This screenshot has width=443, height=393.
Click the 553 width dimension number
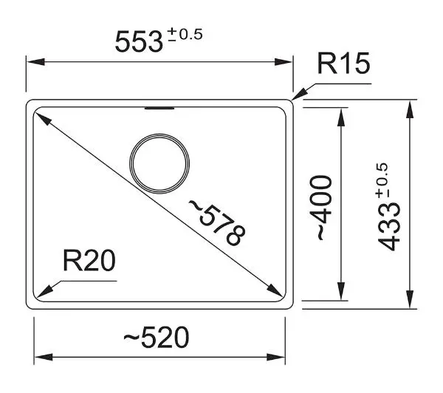pos(139,42)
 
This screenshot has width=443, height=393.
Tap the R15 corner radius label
pos(343,64)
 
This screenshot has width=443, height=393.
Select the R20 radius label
pos(89,260)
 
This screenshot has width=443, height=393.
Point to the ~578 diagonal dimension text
pos(216,222)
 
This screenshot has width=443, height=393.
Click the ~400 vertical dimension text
pos(321,208)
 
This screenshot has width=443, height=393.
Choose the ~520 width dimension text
pos(157,337)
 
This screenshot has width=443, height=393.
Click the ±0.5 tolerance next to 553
pos(185,35)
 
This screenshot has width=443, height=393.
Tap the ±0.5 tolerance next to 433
pos(382,181)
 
